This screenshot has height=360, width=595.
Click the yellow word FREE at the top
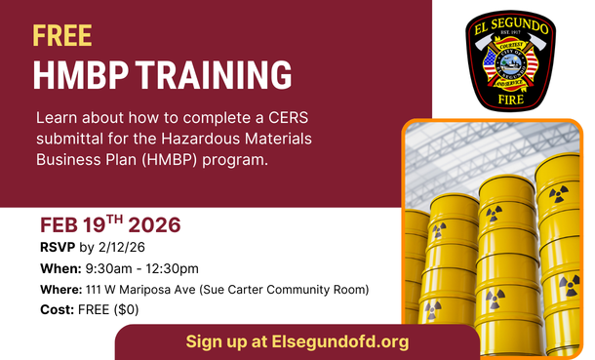[62, 36]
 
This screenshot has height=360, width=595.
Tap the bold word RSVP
[54, 248]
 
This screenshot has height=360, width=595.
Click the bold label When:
[59, 268]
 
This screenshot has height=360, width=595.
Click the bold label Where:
[60, 289]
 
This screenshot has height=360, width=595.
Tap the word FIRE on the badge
[508, 98]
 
